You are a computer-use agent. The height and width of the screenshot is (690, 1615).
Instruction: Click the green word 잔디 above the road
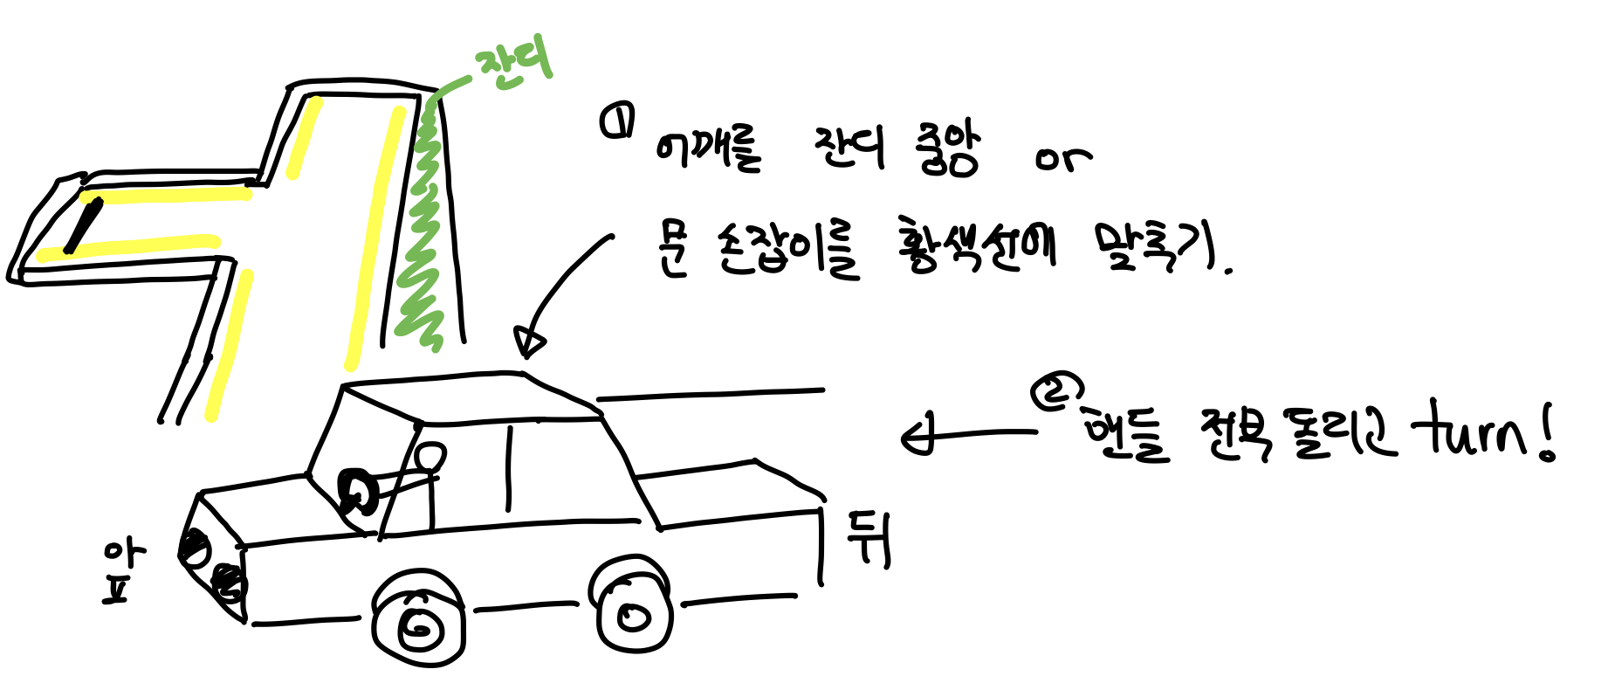pos(514,66)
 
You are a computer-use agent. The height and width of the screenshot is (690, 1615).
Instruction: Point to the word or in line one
pos(1062,159)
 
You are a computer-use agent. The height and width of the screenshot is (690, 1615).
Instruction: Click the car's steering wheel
pos(359,493)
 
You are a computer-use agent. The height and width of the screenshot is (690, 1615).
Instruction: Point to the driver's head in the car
pos(429,456)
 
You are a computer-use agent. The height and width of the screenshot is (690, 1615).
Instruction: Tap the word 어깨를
pos(707,149)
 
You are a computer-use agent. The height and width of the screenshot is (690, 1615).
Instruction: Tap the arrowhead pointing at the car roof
pos(529,342)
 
